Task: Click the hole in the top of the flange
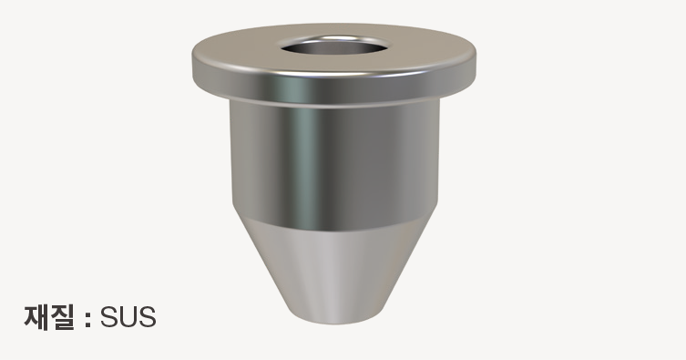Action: pos(334,46)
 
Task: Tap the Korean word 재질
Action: pos(49,317)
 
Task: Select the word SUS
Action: pos(128,317)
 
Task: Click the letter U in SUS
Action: pos(128,317)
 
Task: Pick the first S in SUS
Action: pos(109,317)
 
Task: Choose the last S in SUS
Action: pos(148,317)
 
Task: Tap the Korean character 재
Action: pos(36,317)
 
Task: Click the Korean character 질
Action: pos(62,317)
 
